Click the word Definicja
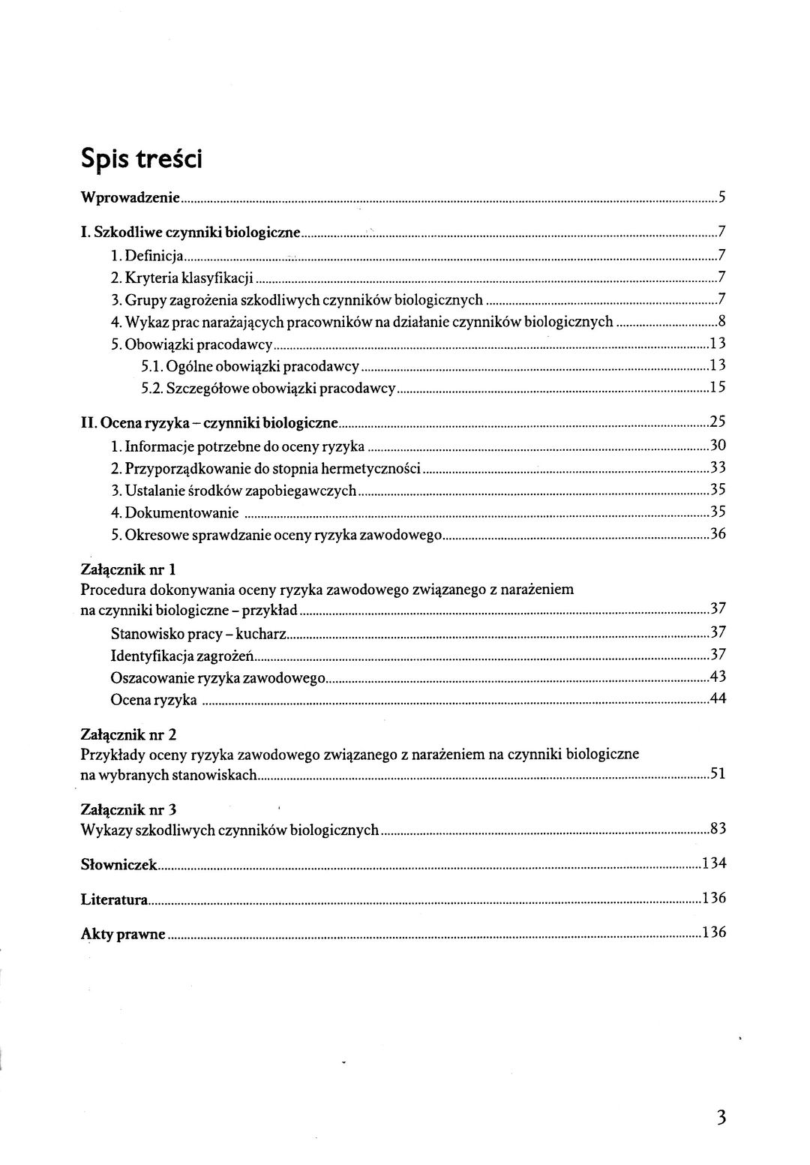155,255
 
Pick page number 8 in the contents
721,323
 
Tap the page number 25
717,423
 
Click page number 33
717,469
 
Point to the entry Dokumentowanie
182,513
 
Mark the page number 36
717,535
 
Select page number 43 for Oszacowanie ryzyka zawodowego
717,677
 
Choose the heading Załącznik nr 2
128,734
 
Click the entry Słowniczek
118,864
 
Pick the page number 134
714,864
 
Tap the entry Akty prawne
123,935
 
